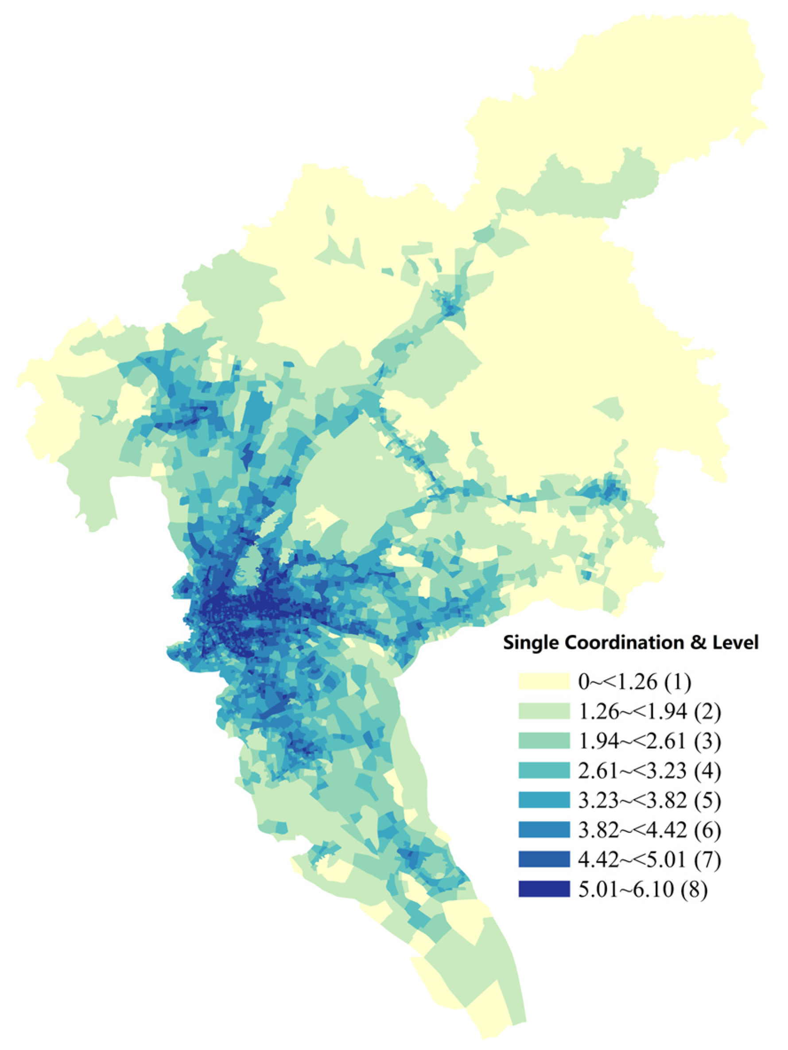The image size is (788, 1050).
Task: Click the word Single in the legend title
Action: click(531, 643)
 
